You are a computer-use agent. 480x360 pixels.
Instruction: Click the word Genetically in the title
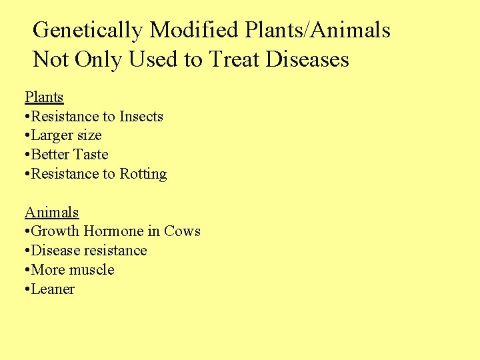(88, 30)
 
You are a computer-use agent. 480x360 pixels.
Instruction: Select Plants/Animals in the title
(317, 30)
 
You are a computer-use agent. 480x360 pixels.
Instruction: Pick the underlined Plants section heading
(44, 97)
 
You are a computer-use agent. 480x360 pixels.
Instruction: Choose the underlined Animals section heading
(52, 213)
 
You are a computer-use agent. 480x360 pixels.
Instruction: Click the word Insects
(141, 117)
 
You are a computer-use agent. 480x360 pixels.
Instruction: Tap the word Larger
(53, 135)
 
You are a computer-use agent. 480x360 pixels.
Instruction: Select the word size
(90, 135)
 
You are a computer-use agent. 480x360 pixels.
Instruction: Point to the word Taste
(91, 155)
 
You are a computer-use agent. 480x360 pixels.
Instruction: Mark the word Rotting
(143, 174)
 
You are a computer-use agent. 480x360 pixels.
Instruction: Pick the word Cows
(182, 231)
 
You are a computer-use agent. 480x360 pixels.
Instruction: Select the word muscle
(91, 270)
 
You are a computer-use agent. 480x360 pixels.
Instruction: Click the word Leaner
(53, 289)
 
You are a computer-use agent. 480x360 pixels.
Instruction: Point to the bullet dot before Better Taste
(27, 155)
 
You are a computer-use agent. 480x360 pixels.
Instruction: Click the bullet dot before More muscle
(27, 271)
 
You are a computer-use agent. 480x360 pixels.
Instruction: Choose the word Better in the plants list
(51, 155)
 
